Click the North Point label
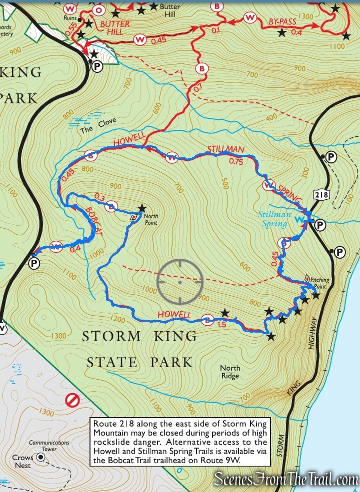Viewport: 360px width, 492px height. pos(150,219)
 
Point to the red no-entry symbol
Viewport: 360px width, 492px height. pos(73,400)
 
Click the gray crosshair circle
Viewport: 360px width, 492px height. pos(179,281)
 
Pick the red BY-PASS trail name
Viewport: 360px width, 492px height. pos(283,22)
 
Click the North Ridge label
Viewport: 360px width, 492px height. pos(230,372)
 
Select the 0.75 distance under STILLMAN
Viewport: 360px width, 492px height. pos(235,161)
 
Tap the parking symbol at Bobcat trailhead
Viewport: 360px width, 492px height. pos(33,263)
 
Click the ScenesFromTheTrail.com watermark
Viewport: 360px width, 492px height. pos(285,480)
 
